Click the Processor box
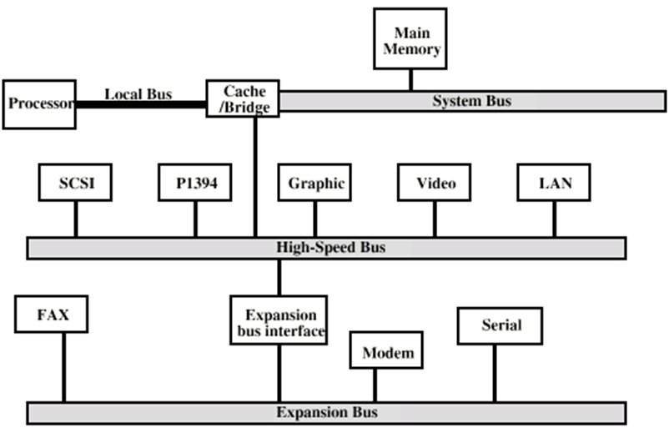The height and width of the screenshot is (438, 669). (x=39, y=104)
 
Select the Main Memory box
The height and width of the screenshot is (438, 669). (x=410, y=39)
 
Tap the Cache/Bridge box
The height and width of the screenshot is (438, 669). (x=242, y=99)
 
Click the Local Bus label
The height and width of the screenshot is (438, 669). (x=138, y=93)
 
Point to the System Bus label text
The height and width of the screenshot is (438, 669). (x=471, y=102)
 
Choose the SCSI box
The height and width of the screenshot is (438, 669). (x=75, y=183)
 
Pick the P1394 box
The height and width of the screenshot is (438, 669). (x=195, y=183)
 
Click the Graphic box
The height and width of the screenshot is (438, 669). (x=314, y=183)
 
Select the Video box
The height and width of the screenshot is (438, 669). (x=434, y=183)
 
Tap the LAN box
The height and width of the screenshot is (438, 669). (x=554, y=183)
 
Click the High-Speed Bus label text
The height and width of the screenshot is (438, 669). (x=326, y=248)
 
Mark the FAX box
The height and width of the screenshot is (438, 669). (x=51, y=317)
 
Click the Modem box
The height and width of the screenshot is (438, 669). (x=387, y=351)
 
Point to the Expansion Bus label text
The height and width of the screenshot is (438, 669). (x=326, y=412)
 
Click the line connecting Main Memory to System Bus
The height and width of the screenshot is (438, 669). (x=410, y=80)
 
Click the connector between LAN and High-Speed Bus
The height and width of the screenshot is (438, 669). (x=554, y=219)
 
